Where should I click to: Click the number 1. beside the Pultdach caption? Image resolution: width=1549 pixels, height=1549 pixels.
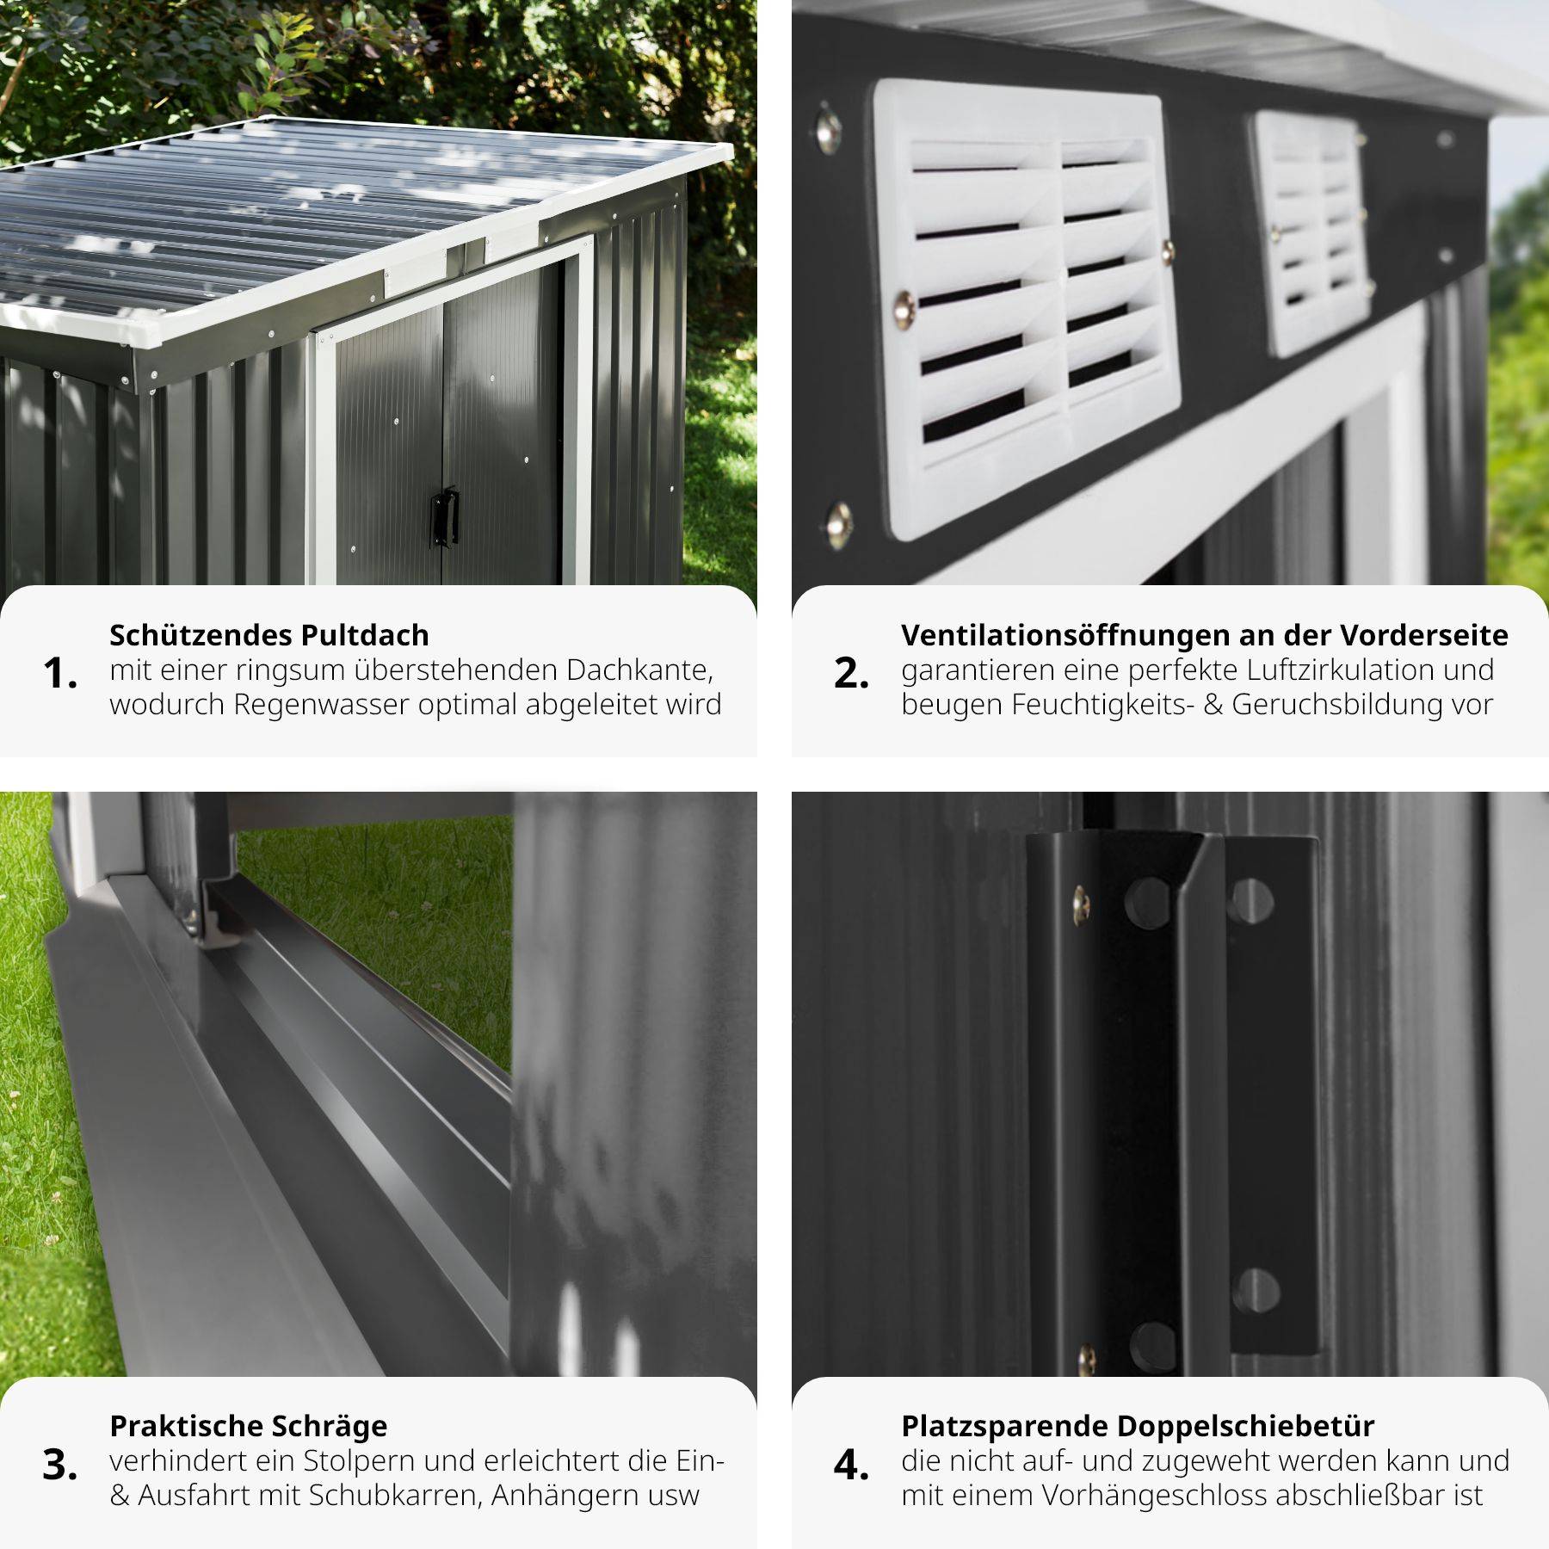60,672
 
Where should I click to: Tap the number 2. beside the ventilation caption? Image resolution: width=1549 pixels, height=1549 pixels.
851,672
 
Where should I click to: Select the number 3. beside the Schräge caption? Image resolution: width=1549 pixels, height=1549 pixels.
60,1464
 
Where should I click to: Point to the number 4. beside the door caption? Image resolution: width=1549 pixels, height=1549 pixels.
851,1464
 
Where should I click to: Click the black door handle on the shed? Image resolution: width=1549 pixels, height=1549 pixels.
445,516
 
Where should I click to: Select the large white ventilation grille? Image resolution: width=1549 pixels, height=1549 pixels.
1028,310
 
